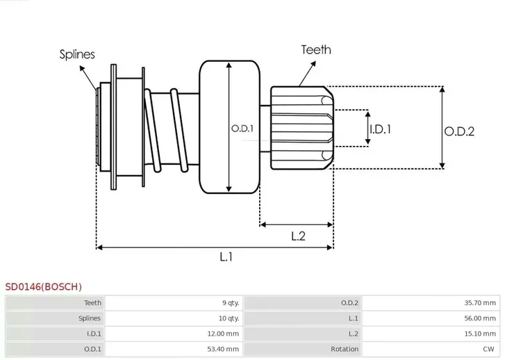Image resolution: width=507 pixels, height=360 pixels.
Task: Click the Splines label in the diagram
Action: click(77, 54)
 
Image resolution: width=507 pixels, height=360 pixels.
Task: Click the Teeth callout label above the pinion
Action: click(316, 50)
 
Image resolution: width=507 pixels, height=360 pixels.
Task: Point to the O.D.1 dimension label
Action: click(242, 129)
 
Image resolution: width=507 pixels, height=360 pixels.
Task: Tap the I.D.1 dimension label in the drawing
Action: click(381, 129)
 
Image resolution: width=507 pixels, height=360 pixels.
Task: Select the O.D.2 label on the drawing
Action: click(459, 131)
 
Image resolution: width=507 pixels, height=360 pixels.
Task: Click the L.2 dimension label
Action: click(299, 236)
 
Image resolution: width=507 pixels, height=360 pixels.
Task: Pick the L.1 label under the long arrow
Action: click(226, 257)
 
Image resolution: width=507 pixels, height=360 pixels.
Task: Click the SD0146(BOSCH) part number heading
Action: click(44, 286)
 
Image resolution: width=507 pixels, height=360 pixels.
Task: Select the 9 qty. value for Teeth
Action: click(230, 302)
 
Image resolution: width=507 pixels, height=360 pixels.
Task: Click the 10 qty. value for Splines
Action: click(228, 318)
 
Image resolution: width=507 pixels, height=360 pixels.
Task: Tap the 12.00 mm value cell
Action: click(224, 334)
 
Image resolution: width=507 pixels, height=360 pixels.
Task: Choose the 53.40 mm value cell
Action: click(224, 349)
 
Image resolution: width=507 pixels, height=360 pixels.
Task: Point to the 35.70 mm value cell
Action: click(481, 302)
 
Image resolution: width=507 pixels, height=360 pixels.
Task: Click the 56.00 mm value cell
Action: click(481, 318)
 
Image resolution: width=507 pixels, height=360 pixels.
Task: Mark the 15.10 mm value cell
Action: click(481, 334)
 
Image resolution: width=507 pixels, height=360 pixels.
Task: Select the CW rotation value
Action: click(490, 349)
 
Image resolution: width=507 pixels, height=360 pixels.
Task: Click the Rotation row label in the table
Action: click(344, 349)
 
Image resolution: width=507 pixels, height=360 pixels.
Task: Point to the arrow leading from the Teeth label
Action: click(306, 70)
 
